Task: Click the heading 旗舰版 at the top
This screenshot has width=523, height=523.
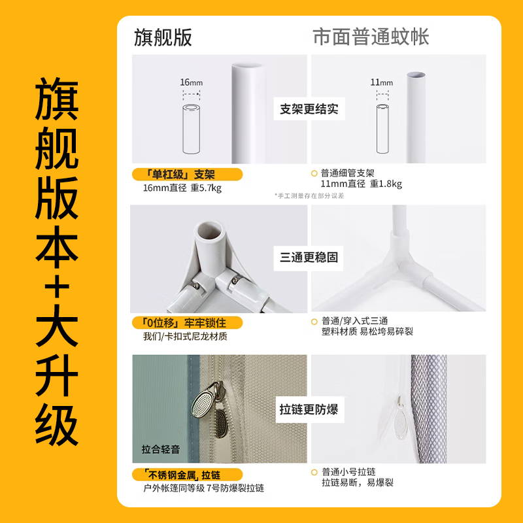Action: point(163,37)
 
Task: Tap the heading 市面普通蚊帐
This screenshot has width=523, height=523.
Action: point(371,37)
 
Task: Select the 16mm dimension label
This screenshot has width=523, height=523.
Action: point(192,82)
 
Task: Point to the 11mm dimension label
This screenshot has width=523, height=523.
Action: point(382,82)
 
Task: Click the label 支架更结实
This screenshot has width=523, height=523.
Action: point(309,109)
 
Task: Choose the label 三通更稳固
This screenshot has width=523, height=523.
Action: point(309,258)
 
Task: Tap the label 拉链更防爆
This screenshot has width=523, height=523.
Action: point(309,409)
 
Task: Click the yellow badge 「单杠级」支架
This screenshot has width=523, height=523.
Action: point(187,174)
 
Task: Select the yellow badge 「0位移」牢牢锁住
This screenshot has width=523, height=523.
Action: point(187,323)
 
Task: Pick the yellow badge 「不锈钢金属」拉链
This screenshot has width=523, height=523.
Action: point(187,474)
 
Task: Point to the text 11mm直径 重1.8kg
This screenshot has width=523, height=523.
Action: point(361,184)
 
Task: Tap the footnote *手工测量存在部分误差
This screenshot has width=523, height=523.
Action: point(309,195)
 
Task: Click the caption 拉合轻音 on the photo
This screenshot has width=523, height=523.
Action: point(160,450)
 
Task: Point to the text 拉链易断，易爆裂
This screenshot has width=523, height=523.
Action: point(357,483)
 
